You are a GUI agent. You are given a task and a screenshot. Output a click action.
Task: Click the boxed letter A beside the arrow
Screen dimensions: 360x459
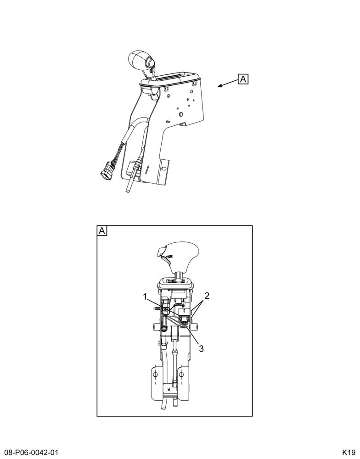pyautogui.click(x=243, y=79)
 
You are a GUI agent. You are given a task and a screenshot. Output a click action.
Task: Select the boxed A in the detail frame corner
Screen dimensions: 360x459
pyautogui.click(x=102, y=231)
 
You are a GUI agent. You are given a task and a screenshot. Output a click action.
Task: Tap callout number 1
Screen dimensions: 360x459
pyautogui.click(x=145, y=297)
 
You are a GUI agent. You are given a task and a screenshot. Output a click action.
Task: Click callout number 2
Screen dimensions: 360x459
pyautogui.click(x=207, y=296)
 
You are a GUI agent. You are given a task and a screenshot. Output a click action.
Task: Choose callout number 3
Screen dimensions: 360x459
pyautogui.click(x=201, y=348)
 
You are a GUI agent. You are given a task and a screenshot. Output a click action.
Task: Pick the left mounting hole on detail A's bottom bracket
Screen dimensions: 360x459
pyautogui.click(x=156, y=375)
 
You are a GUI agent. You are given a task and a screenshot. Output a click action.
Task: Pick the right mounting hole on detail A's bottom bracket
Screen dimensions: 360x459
pyautogui.click(x=181, y=375)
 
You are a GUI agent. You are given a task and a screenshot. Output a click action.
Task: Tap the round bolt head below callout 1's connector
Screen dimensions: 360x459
pyautogui.click(x=164, y=329)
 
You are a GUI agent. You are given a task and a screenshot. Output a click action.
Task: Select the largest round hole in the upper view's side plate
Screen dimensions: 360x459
pyautogui.click(x=180, y=113)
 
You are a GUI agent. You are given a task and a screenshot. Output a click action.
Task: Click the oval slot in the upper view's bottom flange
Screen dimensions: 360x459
pyautogui.click(x=164, y=168)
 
